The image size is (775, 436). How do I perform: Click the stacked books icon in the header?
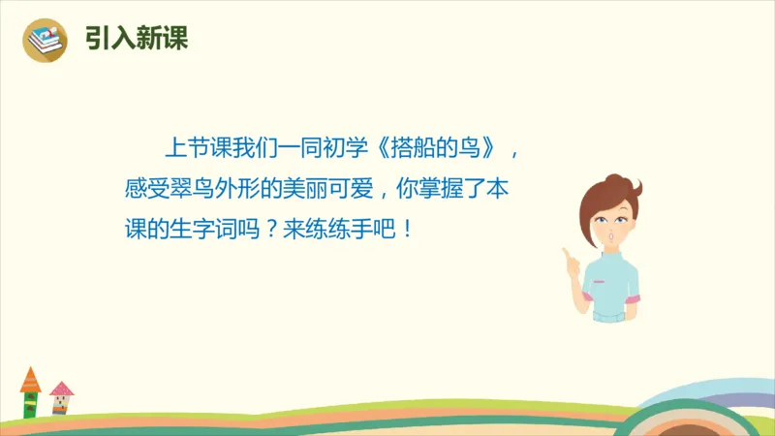coord(46,39)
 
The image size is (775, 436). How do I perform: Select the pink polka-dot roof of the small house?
coord(62,389)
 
